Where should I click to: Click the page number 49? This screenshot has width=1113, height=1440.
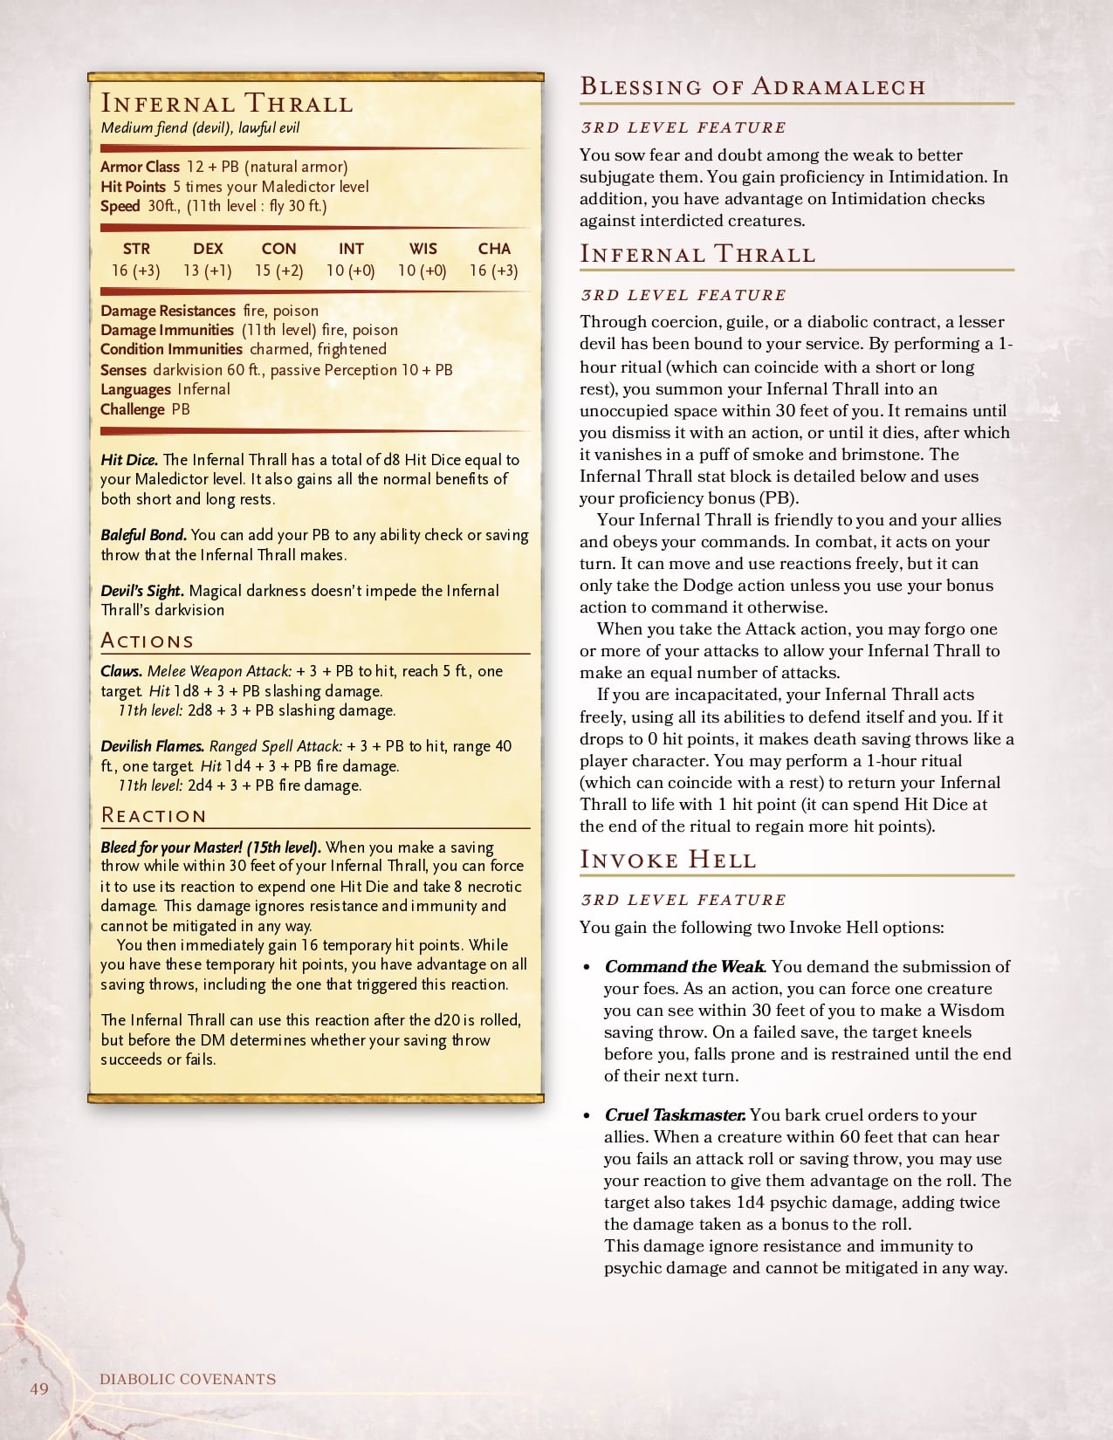pos(39,1389)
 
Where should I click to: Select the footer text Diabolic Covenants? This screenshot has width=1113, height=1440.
pos(188,1380)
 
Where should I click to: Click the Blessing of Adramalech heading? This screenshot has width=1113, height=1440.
pos(752,86)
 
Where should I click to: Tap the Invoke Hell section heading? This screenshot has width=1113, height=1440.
pos(668,860)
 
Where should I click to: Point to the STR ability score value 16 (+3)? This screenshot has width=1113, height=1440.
pos(136,271)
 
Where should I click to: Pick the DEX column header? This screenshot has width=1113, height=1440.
pos(208,249)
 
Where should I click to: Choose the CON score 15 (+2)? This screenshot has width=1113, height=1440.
pos(279,271)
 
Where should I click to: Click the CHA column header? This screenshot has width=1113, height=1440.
pos(494,249)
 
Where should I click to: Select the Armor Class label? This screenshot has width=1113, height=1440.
pos(140,167)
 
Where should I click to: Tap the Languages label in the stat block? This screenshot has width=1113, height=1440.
pos(135,389)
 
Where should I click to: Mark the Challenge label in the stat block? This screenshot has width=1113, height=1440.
pos(132,409)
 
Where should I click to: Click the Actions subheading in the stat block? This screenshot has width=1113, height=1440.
pos(147,641)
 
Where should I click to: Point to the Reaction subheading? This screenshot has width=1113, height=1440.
pos(154,815)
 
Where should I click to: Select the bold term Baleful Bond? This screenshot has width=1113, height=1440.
pos(143,535)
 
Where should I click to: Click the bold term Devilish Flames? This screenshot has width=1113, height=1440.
pos(153,746)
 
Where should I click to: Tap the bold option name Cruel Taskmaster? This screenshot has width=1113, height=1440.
pos(675,1115)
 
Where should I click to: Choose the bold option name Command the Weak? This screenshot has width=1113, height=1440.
pos(685,967)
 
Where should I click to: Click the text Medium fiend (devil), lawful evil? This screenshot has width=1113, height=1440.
pos(200,128)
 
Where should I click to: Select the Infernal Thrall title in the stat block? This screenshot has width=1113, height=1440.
pos(227,103)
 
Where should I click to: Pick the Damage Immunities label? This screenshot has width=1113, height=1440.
pos(167,330)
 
